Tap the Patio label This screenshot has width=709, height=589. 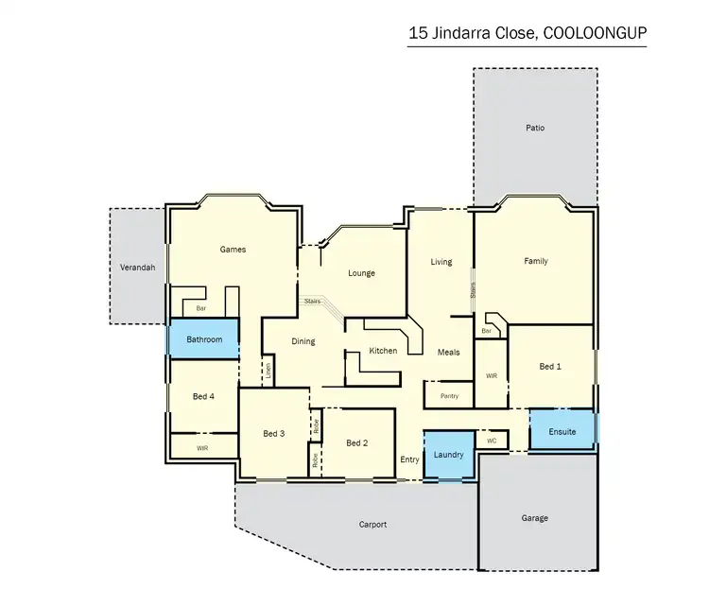point(535,128)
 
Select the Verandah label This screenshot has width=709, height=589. point(137,268)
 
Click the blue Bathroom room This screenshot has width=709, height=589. point(204,338)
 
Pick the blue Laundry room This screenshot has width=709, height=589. point(448,455)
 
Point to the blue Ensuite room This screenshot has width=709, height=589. point(562,430)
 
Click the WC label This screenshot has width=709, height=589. point(492,441)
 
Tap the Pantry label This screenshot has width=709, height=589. point(449,396)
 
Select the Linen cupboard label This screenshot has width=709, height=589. point(268,371)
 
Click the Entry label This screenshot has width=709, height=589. point(409,459)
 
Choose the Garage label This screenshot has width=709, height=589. point(535,517)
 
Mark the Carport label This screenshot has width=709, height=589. point(372,524)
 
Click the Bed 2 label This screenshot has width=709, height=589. point(356,442)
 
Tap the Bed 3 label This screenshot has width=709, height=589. point(273,433)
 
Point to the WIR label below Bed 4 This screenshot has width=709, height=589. point(202,446)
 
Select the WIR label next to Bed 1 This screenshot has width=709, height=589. point(491,375)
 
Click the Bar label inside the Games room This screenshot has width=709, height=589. point(200,308)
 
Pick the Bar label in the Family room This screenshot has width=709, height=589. point(487,331)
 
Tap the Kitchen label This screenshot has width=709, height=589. point(383,351)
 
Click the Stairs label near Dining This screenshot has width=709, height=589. point(312,301)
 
